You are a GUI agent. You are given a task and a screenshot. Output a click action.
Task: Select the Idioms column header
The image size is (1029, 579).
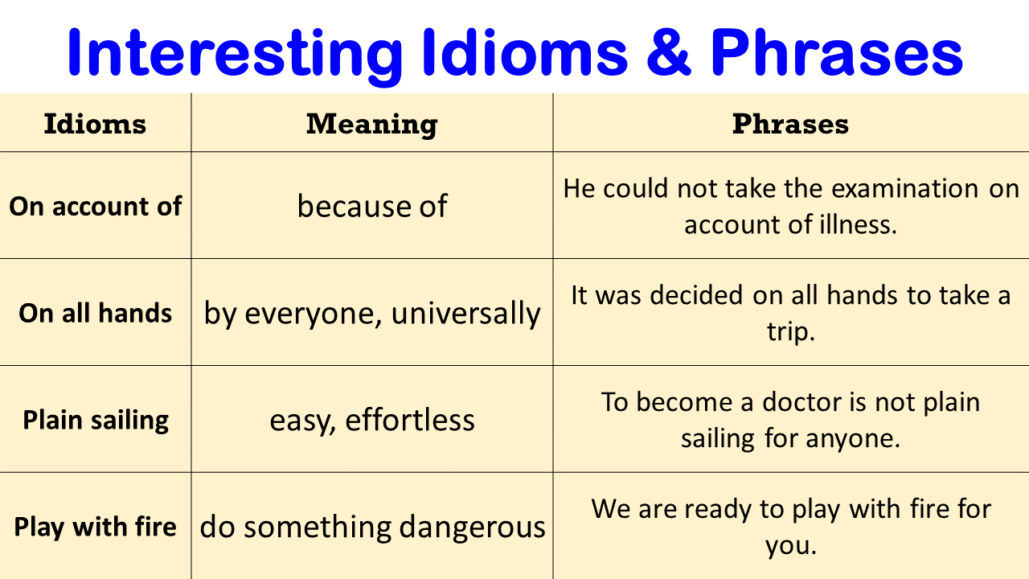(95, 124)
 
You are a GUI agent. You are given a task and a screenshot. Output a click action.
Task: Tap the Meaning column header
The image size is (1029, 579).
(371, 124)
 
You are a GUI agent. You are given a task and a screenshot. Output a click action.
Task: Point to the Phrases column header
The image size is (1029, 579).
(790, 124)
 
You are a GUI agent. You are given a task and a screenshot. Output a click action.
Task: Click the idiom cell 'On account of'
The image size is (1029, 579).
(96, 207)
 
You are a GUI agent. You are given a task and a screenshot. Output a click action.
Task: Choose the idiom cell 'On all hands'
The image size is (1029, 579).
(96, 313)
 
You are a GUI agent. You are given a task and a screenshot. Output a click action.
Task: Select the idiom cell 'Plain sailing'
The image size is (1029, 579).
(96, 420)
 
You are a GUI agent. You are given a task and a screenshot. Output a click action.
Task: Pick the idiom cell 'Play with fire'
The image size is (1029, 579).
(96, 528)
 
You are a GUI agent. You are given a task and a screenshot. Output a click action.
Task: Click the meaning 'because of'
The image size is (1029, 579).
(371, 207)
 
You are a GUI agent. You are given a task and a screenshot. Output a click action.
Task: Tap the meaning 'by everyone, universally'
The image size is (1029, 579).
(371, 313)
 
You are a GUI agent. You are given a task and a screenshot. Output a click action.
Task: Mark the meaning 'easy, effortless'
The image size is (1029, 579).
(371, 420)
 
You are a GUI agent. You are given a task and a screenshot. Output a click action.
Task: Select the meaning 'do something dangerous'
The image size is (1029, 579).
(371, 528)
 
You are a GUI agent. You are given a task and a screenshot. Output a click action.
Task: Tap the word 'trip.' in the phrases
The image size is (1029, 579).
(791, 331)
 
